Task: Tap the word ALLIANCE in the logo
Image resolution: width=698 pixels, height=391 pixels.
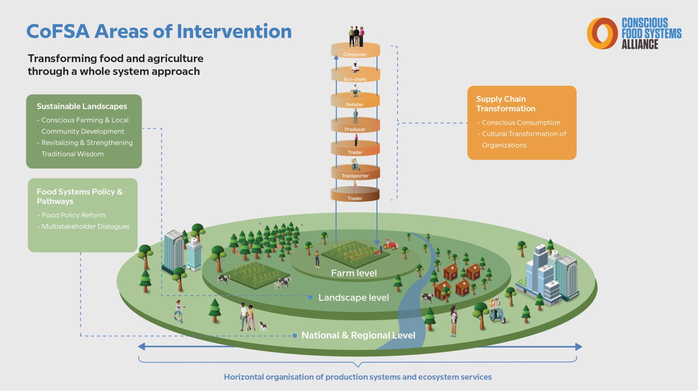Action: tap(640, 44)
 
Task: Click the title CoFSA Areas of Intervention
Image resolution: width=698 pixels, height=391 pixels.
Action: tap(159, 31)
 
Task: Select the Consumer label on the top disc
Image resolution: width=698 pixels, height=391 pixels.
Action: tap(355, 55)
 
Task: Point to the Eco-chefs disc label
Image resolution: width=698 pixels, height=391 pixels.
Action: tap(355, 80)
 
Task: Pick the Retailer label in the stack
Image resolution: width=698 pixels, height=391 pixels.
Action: tap(355, 105)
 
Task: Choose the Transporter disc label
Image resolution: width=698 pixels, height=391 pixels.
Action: tap(355, 176)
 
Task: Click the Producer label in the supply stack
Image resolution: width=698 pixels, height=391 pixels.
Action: tap(355, 130)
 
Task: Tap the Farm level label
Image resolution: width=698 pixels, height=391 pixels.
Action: tap(354, 273)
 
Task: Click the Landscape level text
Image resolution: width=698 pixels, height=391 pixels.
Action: tap(354, 298)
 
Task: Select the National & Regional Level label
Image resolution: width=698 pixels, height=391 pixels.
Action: tap(358, 335)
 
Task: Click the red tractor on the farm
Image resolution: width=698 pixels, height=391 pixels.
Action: tap(390, 245)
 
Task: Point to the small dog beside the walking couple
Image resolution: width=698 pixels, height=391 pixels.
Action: tap(263, 326)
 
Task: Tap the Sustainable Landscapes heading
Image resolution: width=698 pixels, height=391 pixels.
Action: tap(82, 106)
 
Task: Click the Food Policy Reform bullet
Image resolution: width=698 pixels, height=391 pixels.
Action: tap(71, 215)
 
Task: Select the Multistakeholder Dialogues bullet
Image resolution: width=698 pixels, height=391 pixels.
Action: tap(83, 227)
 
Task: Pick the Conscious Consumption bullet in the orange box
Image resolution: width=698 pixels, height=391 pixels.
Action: tap(519, 123)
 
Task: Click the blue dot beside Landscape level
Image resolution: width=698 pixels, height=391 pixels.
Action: tap(310, 298)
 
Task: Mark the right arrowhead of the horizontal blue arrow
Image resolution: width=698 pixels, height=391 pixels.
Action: tap(579, 347)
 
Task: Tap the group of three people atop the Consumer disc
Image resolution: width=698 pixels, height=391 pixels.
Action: tap(356, 36)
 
